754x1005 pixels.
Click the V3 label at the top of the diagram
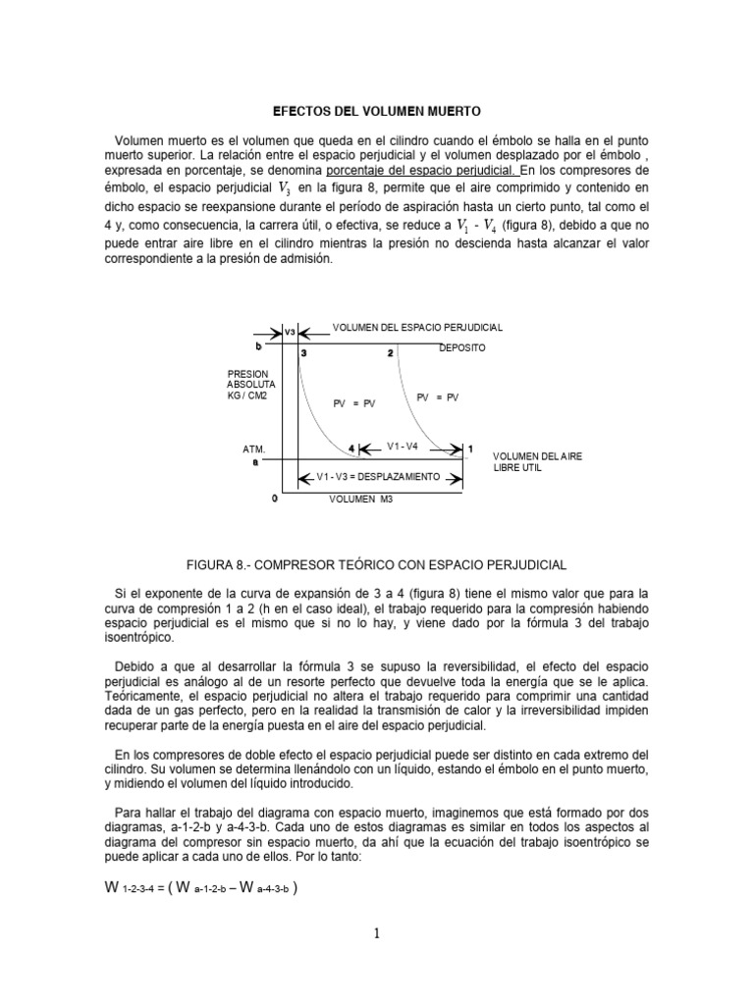(290, 333)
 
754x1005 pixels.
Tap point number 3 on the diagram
(304, 352)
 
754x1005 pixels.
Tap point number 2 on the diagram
(390, 352)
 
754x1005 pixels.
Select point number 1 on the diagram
(469, 449)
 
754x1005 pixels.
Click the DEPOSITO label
(461, 348)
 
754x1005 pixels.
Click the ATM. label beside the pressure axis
(254, 449)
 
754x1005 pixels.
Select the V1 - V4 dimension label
(403, 446)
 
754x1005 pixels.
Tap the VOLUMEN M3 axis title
(360, 499)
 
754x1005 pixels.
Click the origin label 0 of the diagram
(275, 498)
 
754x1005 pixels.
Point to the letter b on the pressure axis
(257, 346)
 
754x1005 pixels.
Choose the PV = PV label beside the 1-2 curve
(438, 397)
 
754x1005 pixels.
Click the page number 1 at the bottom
(376, 933)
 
